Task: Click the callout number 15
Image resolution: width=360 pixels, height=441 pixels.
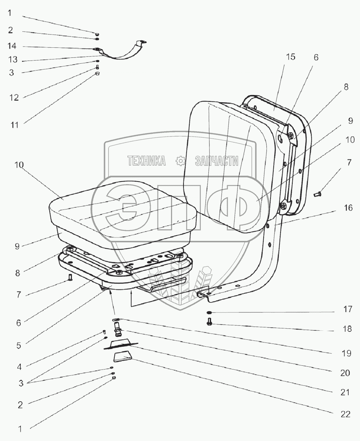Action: click(x=291, y=57)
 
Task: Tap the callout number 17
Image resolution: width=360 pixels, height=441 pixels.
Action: click(x=347, y=309)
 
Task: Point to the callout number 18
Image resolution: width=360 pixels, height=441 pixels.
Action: click(x=347, y=329)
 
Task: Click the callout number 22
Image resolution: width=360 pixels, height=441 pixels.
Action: click(x=345, y=414)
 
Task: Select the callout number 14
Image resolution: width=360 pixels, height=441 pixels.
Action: click(x=12, y=46)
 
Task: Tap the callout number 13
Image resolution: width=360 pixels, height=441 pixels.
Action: click(x=13, y=60)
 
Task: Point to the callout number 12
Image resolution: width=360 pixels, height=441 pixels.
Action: click(x=14, y=97)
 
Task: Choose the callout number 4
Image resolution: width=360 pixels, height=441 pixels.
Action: click(x=19, y=366)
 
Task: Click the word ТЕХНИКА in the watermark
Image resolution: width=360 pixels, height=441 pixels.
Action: click(x=146, y=161)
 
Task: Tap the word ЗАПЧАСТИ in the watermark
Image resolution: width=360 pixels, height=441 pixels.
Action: click(x=217, y=161)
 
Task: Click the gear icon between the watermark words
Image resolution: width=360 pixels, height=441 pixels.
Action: click(x=180, y=160)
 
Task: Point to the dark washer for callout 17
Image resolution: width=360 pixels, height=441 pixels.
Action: click(x=209, y=313)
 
